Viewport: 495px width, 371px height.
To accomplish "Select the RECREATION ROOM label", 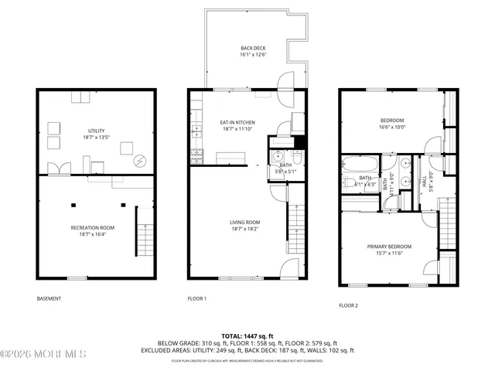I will point(94,228).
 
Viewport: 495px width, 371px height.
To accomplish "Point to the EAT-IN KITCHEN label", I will point(238,123).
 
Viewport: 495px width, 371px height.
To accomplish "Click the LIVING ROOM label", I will point(244,223).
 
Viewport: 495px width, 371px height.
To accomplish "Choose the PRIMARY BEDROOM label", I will point(388,247).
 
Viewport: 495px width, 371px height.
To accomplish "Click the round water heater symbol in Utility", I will point(140,162).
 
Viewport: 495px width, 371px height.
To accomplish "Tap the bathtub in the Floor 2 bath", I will point(359,164).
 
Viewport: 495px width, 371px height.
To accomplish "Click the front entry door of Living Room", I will point(287,268).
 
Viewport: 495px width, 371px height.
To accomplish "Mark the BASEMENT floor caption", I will point(49,298).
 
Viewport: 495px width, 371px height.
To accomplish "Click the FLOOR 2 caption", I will point(348,305).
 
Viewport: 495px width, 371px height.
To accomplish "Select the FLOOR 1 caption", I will point(197,298).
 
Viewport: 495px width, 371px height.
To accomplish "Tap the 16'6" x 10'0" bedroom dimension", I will point(393,128).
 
